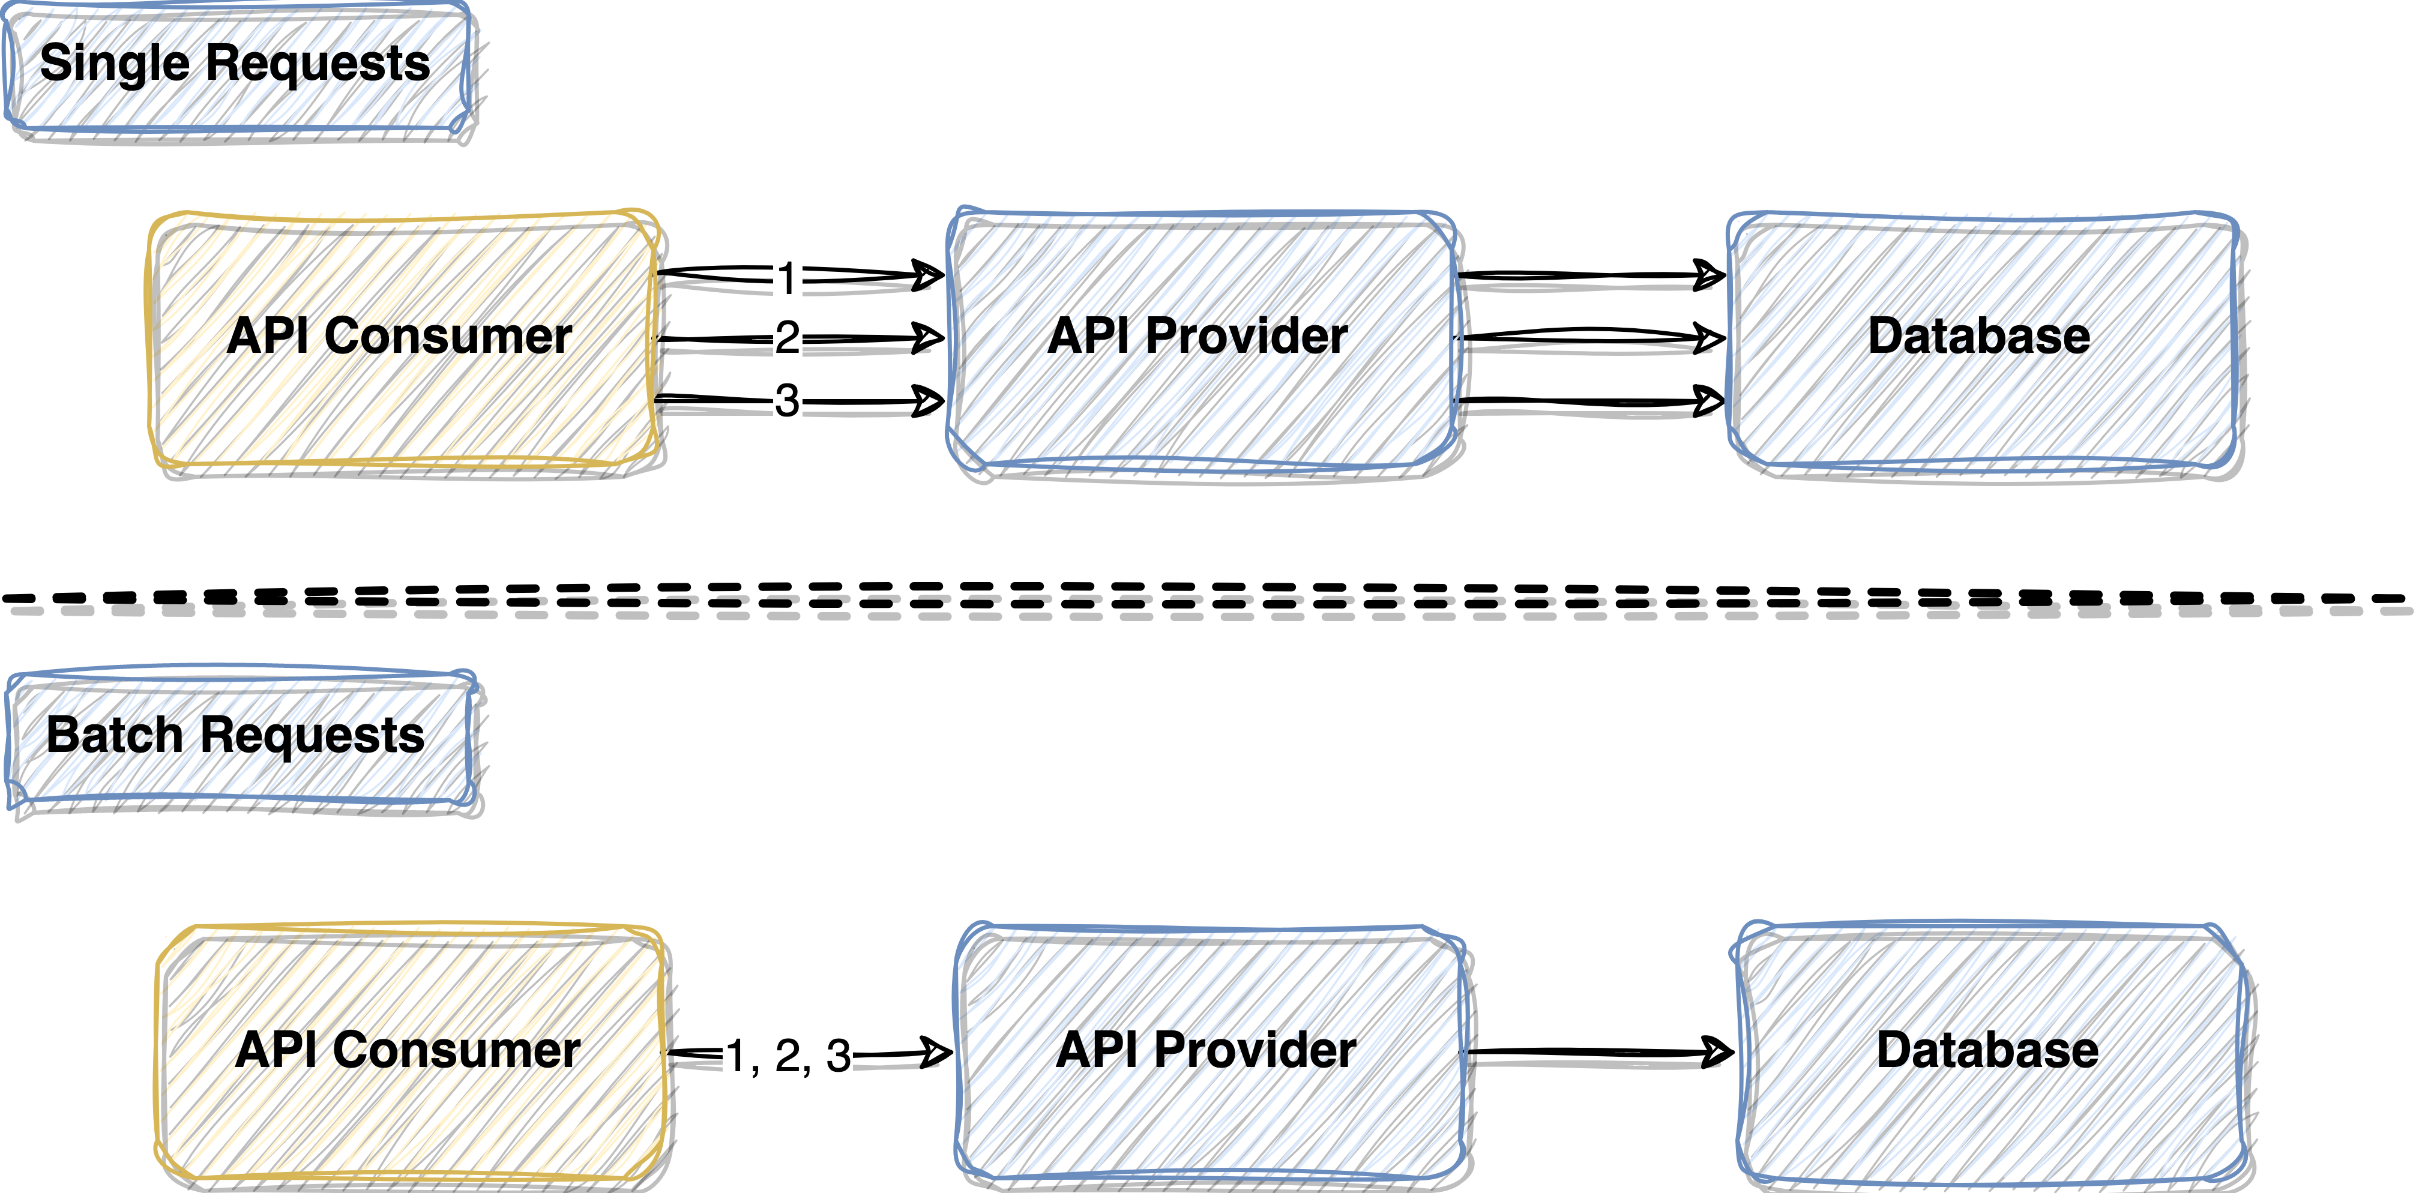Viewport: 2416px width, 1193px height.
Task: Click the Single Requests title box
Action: pos(237,68)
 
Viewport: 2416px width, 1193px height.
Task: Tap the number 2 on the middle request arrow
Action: pos(787,338)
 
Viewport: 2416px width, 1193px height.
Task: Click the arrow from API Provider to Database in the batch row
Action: pos(1599,1053)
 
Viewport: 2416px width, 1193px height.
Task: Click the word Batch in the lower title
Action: pos(115,735)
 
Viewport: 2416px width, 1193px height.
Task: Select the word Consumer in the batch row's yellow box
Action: pos(457,1050)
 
